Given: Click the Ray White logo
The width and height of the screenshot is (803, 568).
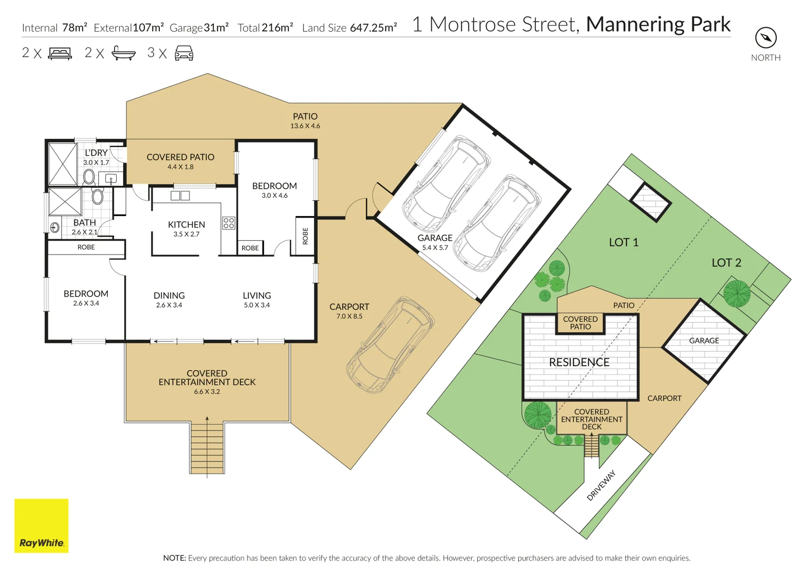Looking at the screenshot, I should coord(41,525).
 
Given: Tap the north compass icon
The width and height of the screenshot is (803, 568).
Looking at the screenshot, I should coord(766,38).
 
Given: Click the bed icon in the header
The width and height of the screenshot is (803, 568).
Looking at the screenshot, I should coord(60,53).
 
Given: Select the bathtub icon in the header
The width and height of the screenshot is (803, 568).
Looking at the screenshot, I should coord(124,53).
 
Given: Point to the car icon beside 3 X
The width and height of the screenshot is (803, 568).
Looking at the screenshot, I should coord(184,53).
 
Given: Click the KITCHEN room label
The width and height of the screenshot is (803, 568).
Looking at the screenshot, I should coord(186,225).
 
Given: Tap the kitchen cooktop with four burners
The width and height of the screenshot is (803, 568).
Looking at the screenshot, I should coord(228,222).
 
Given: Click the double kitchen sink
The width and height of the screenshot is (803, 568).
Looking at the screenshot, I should coord(180,196).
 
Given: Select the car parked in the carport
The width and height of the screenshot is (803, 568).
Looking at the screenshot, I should coord(390,344).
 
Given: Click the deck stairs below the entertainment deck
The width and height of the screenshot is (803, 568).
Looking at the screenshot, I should coord(207,447).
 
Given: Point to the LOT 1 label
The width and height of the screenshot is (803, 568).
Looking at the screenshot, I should coord(623,242).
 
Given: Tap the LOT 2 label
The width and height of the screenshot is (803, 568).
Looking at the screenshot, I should coord(726,262).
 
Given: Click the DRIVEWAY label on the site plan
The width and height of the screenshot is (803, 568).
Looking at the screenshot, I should coord(601,485).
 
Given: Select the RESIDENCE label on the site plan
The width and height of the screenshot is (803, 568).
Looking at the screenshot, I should coord(579,362).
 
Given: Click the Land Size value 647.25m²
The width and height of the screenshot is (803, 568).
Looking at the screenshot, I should coord(373,28).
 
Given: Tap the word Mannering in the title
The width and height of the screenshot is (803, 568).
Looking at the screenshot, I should coord(634,24).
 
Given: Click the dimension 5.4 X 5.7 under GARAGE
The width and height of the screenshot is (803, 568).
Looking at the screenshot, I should coord(435,248).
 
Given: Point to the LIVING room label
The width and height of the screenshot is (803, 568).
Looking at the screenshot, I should coord(257,296).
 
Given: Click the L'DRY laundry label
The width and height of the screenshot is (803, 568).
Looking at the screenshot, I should coord(96,153).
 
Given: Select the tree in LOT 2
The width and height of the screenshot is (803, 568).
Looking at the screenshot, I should coord(736,293).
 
